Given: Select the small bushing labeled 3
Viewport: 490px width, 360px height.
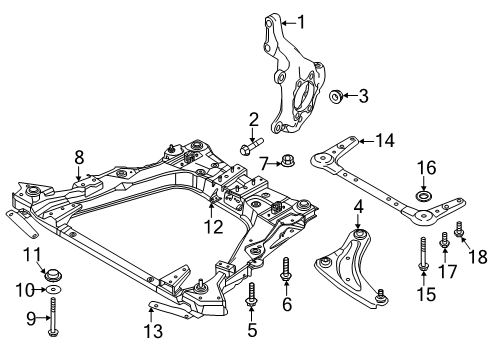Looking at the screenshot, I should (x=337, y=97).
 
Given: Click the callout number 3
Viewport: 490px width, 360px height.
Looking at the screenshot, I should (x=363, y=96).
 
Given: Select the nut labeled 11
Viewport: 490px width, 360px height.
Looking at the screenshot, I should (x=51, y=272).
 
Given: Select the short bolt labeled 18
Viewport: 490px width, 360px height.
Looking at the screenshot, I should (x=459, y=232).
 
